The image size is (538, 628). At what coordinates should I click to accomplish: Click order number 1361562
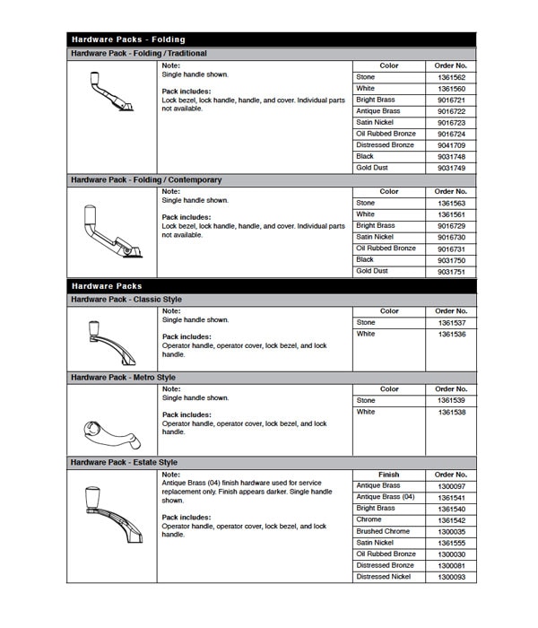tap(450, 78)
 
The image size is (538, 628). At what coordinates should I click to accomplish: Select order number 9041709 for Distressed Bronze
tap(450, 145)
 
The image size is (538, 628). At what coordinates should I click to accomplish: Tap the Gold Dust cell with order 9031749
tap(388, 168)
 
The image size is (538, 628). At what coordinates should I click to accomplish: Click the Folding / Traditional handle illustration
tap(111, 94)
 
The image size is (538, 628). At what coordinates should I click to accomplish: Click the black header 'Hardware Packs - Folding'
tap(127, 39)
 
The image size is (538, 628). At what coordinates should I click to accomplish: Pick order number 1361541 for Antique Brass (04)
tap(450, 497)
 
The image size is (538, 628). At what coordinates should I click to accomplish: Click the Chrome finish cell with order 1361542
tap(388, 519)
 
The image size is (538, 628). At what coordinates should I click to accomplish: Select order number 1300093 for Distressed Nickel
tap(450, 577)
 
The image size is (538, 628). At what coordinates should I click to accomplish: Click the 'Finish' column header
tap(388, 475)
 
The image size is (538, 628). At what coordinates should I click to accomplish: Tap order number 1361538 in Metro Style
tap(450, 412)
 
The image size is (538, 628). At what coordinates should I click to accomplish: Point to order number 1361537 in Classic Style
tap(450, 323)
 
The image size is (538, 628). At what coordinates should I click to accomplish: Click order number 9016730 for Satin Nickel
tap(450, 237)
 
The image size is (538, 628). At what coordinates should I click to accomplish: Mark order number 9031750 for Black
tap(450, 260)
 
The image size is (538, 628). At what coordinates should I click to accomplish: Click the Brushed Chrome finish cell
tap(388, 531)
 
